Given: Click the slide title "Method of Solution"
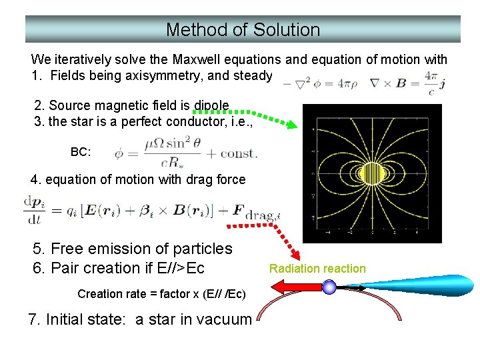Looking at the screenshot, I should coord(243,30).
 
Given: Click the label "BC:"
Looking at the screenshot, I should coord(80,152).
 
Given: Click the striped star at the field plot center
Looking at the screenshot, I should coord(372,174).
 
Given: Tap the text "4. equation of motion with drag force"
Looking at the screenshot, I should coord(138,179).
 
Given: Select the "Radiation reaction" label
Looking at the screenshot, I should coord(317,269).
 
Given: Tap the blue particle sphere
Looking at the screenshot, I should coord(329,287).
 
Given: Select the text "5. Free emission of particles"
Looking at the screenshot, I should coord(132,249).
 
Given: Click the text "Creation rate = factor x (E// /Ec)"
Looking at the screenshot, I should coord(161,294).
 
